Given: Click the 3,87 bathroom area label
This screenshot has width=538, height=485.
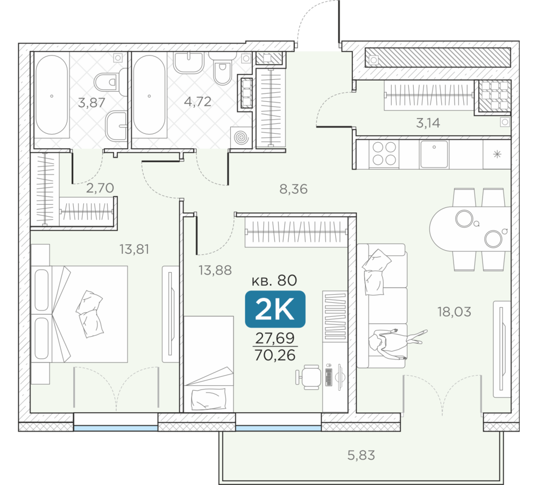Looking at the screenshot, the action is (x=91, y=102).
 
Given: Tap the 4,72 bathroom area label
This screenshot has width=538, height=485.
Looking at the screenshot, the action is (x=197, y=101).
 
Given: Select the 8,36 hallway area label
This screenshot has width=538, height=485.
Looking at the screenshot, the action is (x=293, y=189).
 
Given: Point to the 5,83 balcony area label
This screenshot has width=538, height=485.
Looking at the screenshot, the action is (x=361, y=455).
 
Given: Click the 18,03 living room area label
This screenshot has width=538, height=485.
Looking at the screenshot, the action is (x=454, y=312).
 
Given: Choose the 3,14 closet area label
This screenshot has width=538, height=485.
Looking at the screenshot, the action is (x=428, y=123).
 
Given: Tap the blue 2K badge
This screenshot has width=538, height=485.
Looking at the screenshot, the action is (x=275, y=309).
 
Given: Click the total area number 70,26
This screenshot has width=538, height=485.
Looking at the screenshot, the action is (x=275, y=355).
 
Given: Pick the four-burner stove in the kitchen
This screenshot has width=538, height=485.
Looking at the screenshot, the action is (x=384, y=154).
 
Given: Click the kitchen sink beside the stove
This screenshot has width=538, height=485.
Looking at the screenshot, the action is (x=434, y=154).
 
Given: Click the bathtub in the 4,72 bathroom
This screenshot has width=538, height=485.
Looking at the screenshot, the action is (x=149, y=94).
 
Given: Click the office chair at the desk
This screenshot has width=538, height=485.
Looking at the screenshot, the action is (x=309, y=377).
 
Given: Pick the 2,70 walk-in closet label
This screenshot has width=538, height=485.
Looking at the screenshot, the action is (x=100, y=188).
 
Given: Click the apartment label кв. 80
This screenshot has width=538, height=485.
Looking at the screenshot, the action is (x=274, y=280).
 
